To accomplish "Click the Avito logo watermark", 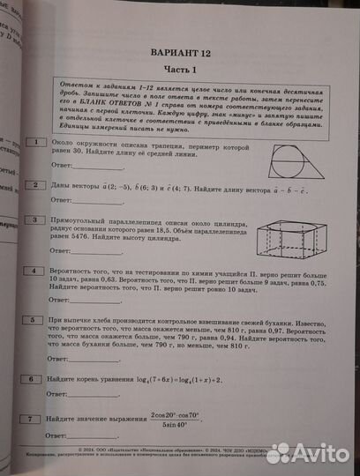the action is point(309,454).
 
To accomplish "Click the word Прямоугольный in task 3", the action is point(85,220).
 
